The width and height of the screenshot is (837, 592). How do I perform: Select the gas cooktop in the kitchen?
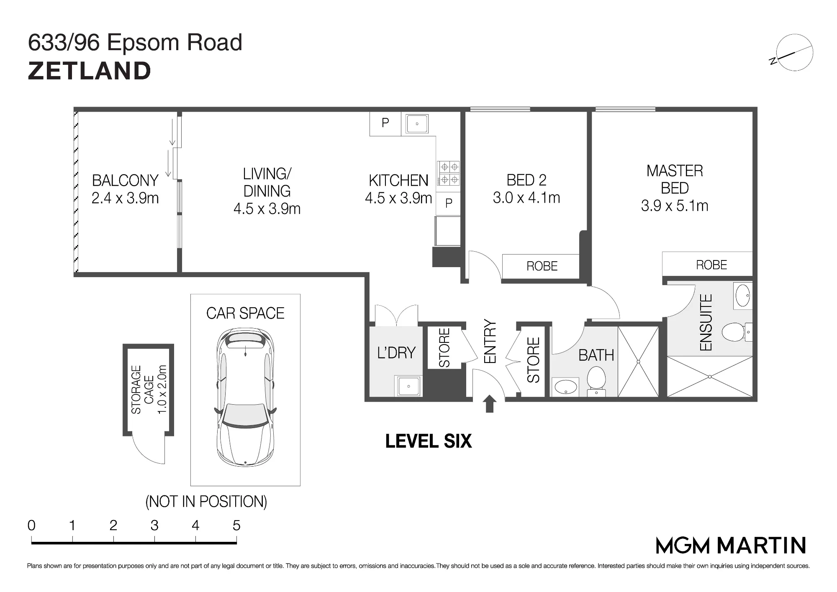pos(448,174)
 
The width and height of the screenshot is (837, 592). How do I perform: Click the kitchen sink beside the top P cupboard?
pos(417,124)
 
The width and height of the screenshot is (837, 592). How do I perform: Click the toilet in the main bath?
pos(596,380)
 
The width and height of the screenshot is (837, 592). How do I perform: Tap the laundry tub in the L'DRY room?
pos(408,386)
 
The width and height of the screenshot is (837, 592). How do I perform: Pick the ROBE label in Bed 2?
pos(542,266)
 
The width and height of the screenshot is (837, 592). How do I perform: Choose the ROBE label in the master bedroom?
pos(711,265)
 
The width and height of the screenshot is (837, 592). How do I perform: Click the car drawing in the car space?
pos(245,397)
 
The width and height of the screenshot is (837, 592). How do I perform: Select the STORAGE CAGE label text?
pos(149,390)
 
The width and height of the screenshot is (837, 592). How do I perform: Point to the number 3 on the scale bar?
pos(154,526)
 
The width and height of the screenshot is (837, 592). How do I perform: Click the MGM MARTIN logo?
pos(731,546)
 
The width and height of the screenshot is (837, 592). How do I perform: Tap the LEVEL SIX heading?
pos(429,441)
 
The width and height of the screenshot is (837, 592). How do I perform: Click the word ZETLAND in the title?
pos(89,71)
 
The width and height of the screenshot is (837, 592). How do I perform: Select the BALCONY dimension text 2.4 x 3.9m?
pos(125,198)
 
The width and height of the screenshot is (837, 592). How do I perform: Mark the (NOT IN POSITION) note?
pos(206,502)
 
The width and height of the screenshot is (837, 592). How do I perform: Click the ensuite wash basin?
pos(743,295)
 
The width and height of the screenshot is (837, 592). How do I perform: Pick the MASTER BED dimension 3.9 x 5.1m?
pos(675,206)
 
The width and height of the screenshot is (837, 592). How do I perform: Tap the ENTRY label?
pos(490,342)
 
